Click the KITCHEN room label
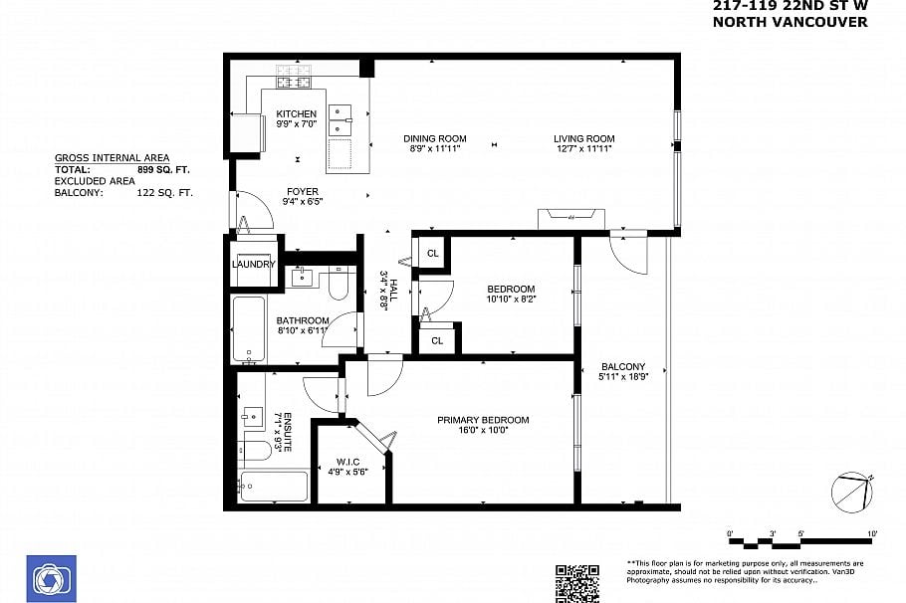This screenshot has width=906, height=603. pos(296,113)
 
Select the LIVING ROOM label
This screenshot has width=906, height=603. pos(584,138)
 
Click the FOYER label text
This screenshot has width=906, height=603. pos(303,190)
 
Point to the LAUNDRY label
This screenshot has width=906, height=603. pos(253,264)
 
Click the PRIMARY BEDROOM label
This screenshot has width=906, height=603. pos(483,420)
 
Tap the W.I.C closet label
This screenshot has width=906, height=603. pos(347,461)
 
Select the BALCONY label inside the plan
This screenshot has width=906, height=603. pos(623,367)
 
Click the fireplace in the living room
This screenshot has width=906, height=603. pos(571,216)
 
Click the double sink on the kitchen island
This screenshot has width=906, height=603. pos(341,117)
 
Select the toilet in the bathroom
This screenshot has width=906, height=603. pos(338,287)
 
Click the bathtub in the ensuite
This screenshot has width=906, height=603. pos(274,487)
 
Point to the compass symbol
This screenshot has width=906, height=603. pos(851,491)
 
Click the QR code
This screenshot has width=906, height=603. pos(576,583)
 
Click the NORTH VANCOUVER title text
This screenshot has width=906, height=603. pos(791,22)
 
